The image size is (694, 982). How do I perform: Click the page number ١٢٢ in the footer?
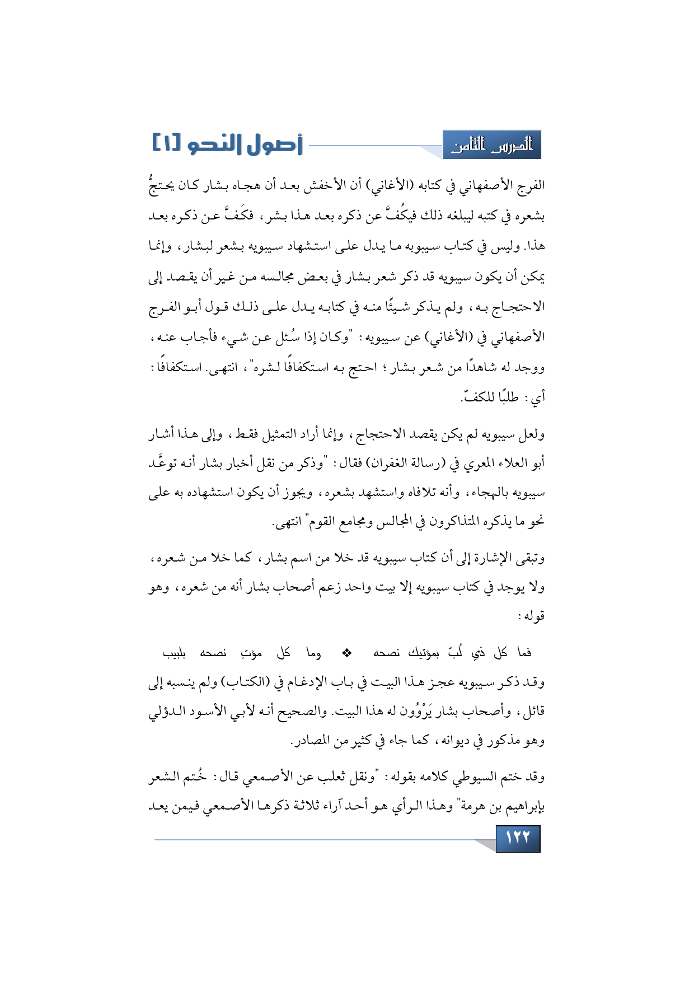click(x=518, y=838)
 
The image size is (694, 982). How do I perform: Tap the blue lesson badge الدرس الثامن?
click(x=492, y=146)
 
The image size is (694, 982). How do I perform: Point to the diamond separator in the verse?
click(x=346, y=652)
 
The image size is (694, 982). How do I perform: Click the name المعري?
click(x=466, y=464)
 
